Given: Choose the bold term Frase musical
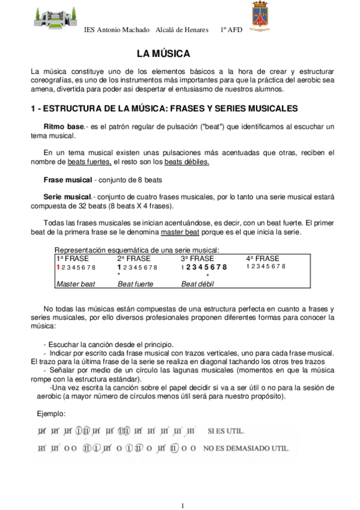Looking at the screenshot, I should click(x=67, y=180).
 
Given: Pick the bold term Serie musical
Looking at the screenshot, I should click(x=66, y=197).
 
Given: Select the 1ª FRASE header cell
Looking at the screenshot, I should click(x=72, y=258).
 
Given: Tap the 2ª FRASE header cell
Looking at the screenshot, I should click(x=134, y=258).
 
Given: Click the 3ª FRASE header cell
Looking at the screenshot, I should click(x=198, y=258).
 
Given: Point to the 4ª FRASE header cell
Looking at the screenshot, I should click(x=263, y=258).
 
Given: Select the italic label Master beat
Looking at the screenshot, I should click(x=75, y=283).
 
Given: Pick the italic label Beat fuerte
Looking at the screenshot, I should click(x=135, y=283).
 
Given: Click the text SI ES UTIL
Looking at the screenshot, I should click(x=227, y=431).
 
